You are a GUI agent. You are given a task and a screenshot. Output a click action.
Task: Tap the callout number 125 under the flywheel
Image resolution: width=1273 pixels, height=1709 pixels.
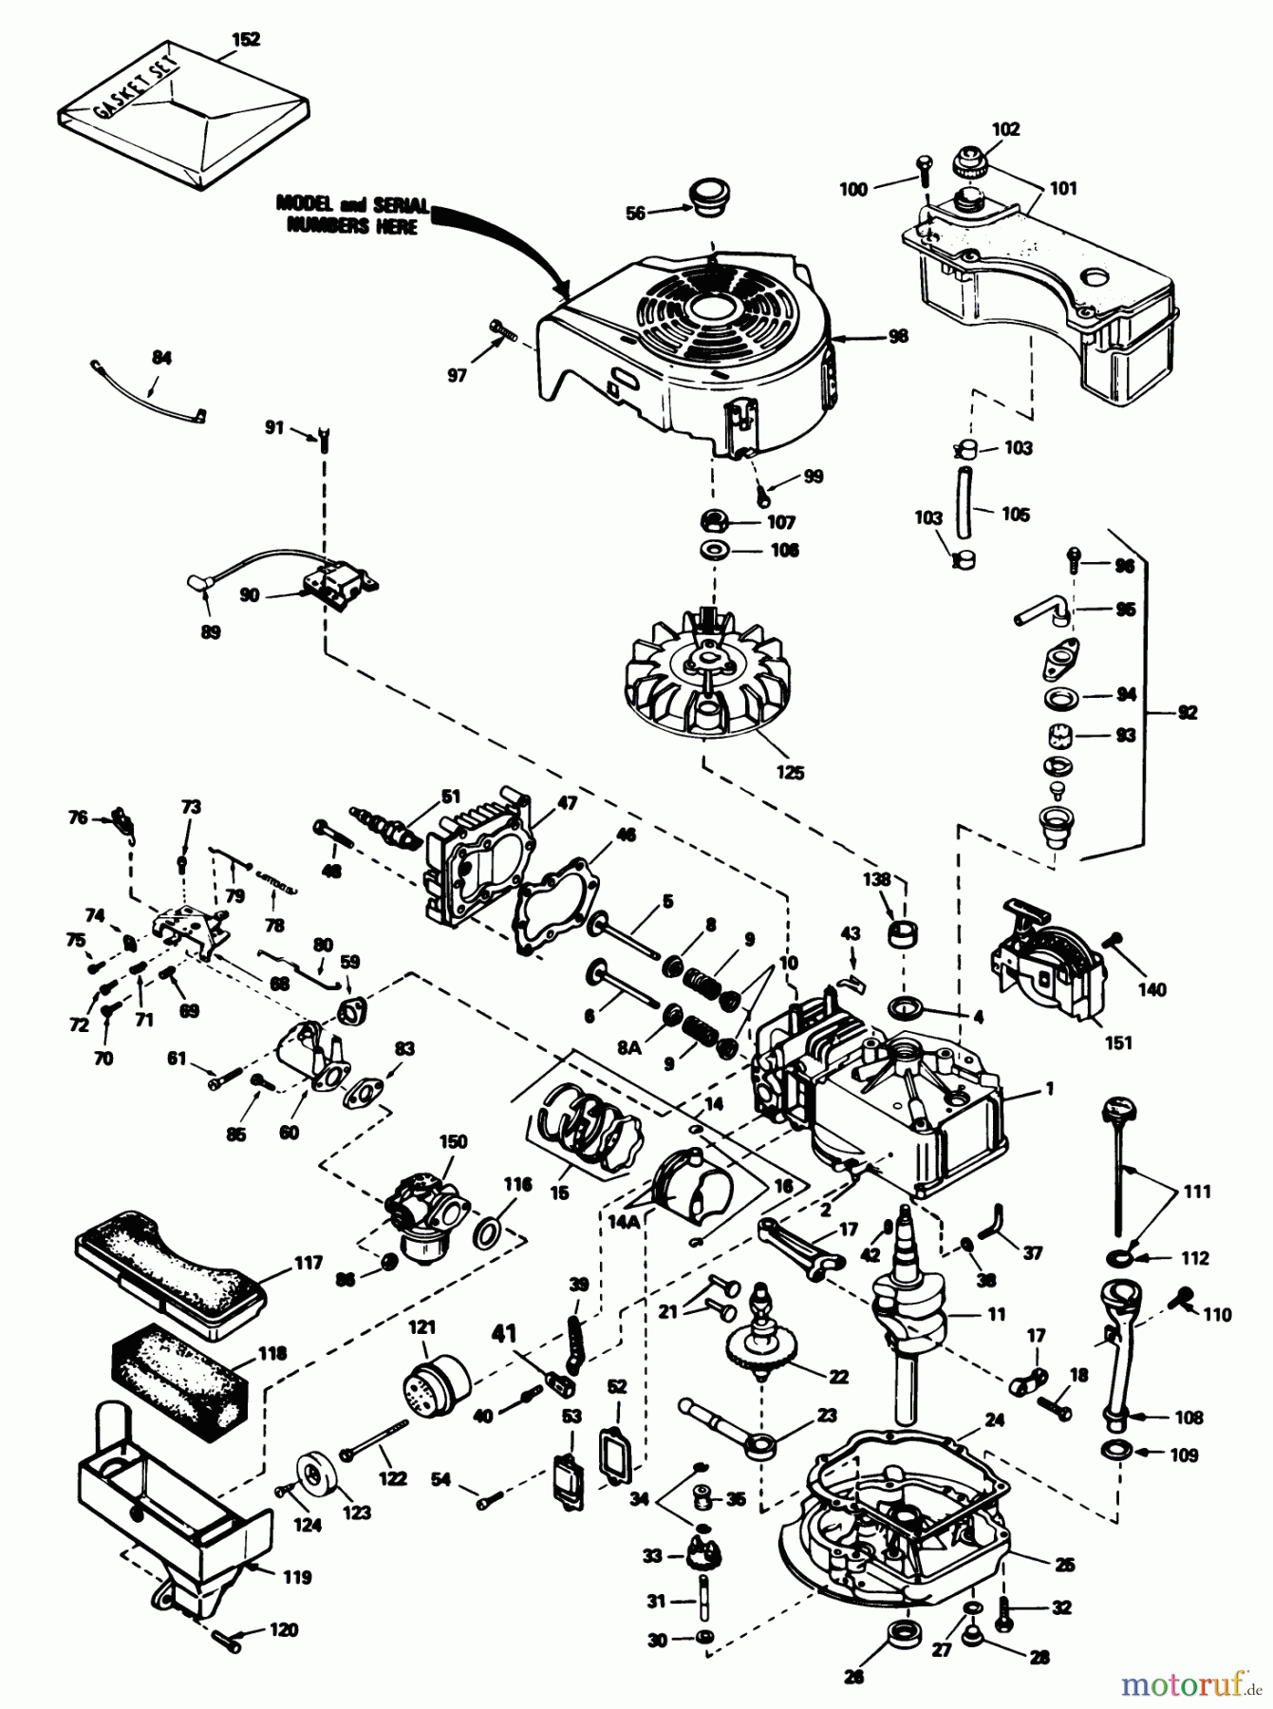789,772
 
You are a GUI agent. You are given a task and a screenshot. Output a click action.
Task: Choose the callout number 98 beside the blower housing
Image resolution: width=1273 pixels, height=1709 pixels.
897,336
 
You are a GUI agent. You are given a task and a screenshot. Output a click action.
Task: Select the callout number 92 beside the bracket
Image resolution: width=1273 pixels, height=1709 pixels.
1187,712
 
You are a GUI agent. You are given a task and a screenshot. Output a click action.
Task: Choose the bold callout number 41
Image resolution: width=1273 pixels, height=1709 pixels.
503,1334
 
